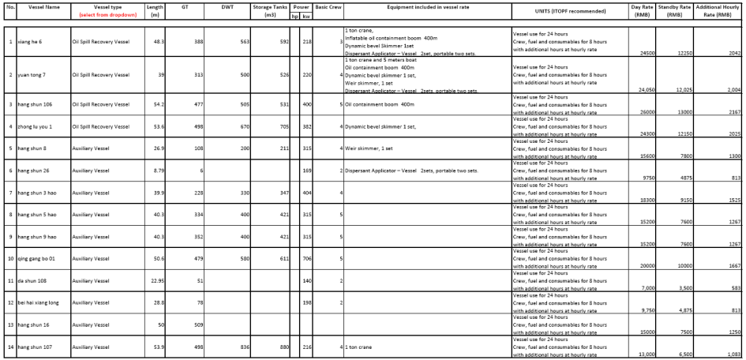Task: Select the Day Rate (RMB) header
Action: tap(642, 11)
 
